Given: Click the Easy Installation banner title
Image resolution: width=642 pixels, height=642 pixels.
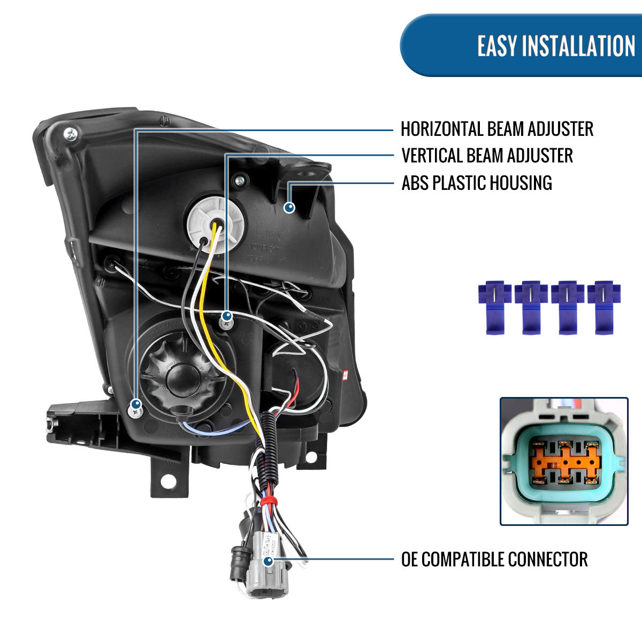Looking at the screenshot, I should tap(556, 46).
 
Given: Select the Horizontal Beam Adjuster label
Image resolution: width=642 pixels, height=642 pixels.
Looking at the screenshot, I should tap(496, 129).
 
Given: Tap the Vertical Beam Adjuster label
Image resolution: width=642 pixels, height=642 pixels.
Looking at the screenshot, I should tap(487, 156).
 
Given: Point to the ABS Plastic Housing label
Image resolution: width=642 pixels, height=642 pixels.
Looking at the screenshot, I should tap(476, 183).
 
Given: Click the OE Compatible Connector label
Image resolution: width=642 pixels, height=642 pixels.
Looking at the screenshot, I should tap(494, 560).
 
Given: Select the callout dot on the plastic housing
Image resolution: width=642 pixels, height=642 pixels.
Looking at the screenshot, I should tap(289, 207).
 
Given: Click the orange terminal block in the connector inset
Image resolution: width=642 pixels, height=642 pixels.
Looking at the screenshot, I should tap(564, 461).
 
